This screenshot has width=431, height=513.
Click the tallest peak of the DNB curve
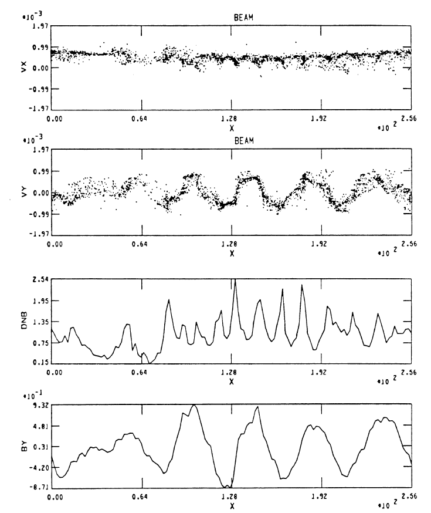pos(235,280)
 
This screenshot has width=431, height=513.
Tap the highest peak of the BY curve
pos(194,405)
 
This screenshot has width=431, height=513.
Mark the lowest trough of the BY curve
pos(228,487)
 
